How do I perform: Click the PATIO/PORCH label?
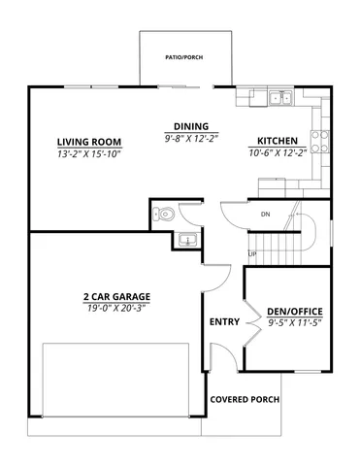184,55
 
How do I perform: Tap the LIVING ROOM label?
87,142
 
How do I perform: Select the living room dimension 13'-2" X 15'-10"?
87,153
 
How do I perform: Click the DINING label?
190,126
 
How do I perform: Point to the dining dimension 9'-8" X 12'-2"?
190,138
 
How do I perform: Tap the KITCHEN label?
277,140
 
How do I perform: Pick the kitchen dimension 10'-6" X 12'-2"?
277,152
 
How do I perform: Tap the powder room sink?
187,239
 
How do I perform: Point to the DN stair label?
265,214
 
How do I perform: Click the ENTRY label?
225,322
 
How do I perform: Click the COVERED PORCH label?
245,399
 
